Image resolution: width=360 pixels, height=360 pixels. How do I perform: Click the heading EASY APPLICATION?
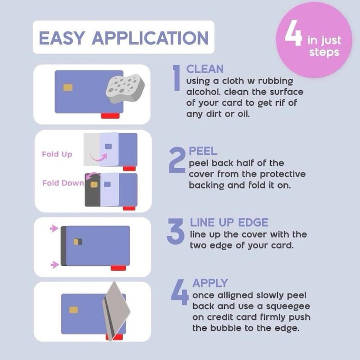tap(123, 38)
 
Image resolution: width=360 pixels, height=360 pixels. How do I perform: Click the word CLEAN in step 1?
tap(205, 69)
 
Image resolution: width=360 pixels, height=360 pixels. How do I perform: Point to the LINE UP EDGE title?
tap(229, 223)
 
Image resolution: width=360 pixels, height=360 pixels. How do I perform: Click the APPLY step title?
tap(209, 283)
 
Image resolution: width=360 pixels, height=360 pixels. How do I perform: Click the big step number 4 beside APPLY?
tap(180, 293)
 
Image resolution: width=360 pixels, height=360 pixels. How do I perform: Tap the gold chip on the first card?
tap(68, 88)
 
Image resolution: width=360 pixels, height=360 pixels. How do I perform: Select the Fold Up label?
tap(57, 154)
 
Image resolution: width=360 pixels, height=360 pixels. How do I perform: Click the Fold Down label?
tap(63, 183)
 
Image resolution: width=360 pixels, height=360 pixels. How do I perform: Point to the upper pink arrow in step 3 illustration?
tap(54, 229)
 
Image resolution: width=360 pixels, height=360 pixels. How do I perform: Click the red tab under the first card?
tap(110, 116)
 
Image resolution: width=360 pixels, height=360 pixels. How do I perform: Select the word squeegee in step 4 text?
tap(285, 306)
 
